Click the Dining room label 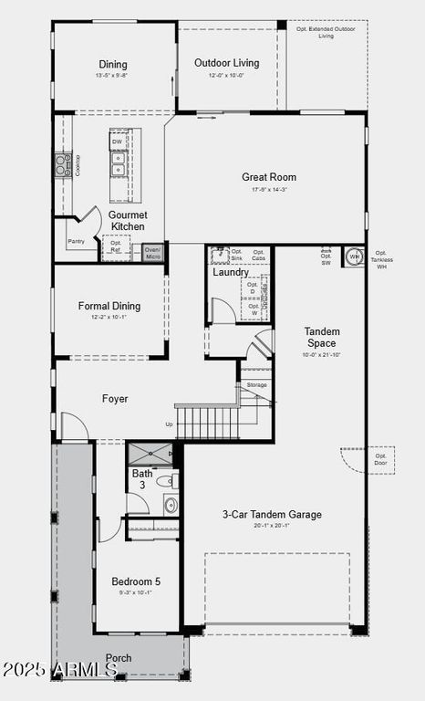point(113,65)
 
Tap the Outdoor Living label point(227,63)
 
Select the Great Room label point(268,177)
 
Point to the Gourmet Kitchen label point(128,220)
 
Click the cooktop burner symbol point(63,164)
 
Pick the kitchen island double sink point(119,163)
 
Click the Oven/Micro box point(152,253)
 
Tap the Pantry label point(76,242)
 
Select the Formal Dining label point(109,307)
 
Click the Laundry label point(231,272)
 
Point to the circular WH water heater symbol point(354,256)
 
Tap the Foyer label point(115,399)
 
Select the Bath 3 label point(142,479)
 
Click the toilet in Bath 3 point(167,480)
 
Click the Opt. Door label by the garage point(380,459)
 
